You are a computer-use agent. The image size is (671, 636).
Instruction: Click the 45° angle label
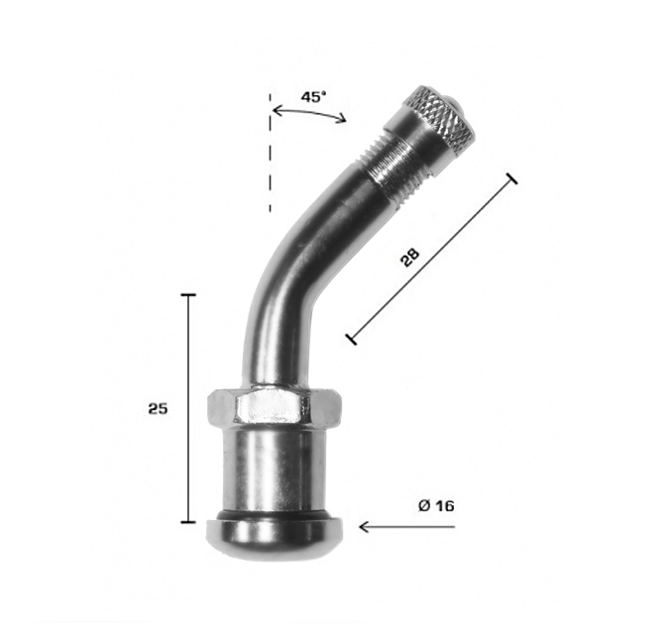click(313, 97)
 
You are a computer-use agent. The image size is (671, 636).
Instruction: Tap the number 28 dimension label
click(409, 258)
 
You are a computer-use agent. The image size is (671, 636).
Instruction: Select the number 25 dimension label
click(158, 409)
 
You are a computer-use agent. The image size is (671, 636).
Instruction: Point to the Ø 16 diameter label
click(436, 506)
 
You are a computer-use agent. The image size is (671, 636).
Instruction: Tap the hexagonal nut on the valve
click(274, 404)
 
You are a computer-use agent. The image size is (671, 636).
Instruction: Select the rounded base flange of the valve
click(274, 537)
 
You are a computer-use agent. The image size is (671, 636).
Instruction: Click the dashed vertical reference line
click(270, 153)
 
